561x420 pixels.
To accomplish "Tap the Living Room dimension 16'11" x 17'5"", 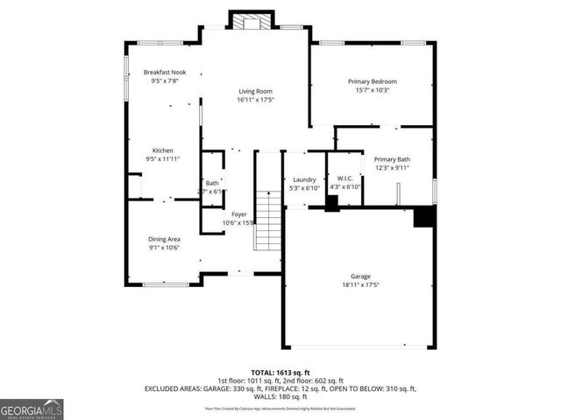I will point(255,100).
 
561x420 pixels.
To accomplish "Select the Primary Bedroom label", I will point(373,80).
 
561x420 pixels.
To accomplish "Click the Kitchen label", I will point(163,150).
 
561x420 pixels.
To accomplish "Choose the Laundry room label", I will point(304,179).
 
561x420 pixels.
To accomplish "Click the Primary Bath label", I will point(392,159).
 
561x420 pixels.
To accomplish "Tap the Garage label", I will point(361,276).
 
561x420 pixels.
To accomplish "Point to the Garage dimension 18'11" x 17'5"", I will point(361,284).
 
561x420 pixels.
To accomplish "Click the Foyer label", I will point(238,214).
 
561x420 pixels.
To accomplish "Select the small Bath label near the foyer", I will point(212,183).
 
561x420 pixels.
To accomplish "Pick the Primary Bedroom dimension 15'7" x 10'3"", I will point(373,89).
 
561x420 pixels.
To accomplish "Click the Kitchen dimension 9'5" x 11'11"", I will point(163,159).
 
